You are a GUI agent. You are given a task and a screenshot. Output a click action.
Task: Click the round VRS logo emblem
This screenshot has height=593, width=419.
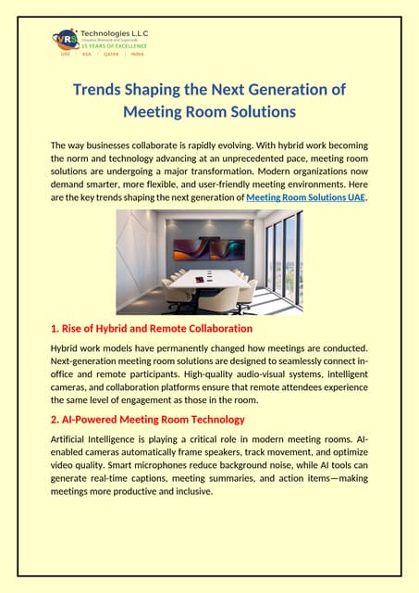(66, 41)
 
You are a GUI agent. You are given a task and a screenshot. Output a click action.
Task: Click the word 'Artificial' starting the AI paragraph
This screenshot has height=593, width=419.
(72, 439)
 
